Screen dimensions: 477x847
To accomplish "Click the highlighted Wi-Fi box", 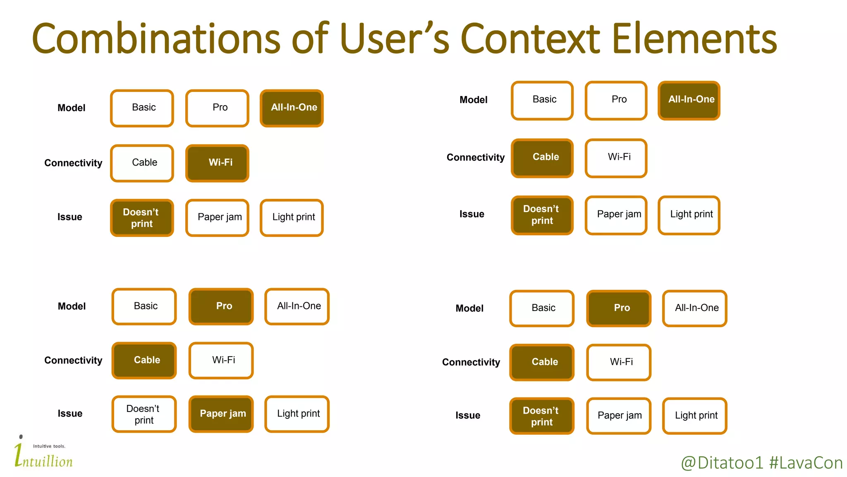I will click(x=217, y=163).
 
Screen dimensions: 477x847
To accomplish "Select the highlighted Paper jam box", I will click(x=221, y=414).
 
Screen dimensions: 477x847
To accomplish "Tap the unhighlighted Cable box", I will click(x=142, y=163).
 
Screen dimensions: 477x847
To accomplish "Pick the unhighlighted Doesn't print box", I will click(x=144, y=414).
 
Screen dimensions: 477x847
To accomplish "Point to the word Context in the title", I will click(x=530, y=39).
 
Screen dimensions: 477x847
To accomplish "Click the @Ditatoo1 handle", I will click(x=722, y=463).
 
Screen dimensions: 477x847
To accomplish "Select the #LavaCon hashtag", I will click(x=806, y=463).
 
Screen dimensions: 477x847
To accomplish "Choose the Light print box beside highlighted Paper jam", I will click(x=297, y=414).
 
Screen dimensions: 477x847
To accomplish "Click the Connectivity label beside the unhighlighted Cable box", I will click(x=73, y=163).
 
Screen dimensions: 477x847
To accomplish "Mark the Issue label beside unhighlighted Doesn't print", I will click(x=70, y=414).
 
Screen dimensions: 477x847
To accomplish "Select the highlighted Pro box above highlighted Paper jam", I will click(x=221, y=306).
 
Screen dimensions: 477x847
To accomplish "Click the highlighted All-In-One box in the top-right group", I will click(x=689, y=100).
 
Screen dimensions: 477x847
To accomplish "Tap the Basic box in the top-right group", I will click(x=542, y=100).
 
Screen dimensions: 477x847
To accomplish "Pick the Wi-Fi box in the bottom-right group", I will click(x=619, y=362).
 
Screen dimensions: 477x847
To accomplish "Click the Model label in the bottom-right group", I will click(x=469, y=308).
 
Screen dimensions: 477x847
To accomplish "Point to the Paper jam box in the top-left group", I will click(x=217, y=217).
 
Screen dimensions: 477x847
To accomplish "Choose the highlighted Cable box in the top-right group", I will click(x=542, y=158).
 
